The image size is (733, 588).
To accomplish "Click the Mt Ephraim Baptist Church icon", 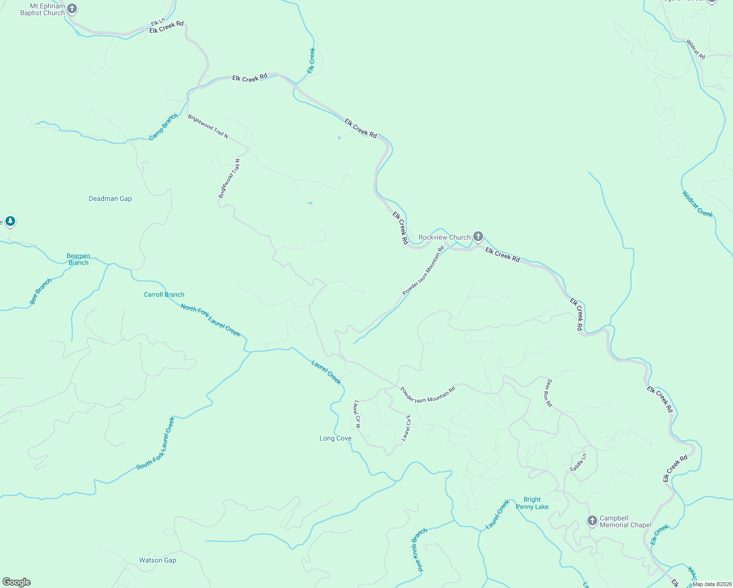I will tap(72, 9).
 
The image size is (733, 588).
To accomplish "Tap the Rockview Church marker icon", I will tap(478, 237).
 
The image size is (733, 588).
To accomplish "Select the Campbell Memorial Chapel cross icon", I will tap(592, 520).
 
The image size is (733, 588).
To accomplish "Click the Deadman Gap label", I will tap(110, 198).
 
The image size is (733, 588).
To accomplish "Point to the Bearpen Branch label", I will tap(78, 259).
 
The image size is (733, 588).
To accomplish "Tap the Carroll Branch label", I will tap(164, 294).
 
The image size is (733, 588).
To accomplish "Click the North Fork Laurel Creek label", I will tap(211, 320).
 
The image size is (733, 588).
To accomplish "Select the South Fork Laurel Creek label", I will tap(155, 443).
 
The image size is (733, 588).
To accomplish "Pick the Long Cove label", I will tap(336, 438).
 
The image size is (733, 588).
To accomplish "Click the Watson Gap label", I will tap(158, 560).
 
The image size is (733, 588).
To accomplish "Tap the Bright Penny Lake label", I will tap(532, 503).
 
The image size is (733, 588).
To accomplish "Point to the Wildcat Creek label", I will tap(697, 204).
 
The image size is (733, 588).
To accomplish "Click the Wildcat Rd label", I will tap(695, 49).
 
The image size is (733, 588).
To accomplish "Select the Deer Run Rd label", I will tap(549, 393).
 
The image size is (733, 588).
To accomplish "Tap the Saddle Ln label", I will tap(578, 463).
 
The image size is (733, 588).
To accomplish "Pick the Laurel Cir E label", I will tap(406, 428).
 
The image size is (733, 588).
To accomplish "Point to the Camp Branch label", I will tap(163, 127).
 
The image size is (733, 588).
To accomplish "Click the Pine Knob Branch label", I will tap(419, 550).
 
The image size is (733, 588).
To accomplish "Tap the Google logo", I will tap(16, 582).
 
